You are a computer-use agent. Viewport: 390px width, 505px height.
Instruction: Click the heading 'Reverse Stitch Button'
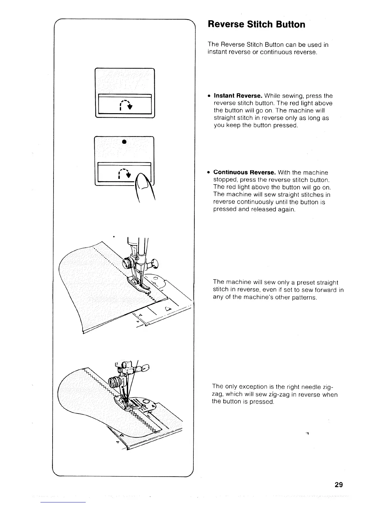click(256, 25)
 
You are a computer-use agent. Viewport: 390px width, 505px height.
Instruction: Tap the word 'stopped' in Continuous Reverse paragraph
click(225, 180)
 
